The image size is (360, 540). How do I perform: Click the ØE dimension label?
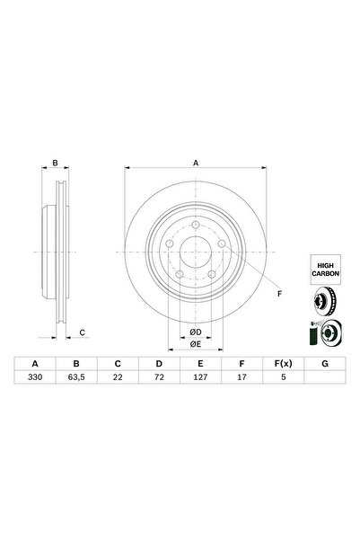click(195, 343)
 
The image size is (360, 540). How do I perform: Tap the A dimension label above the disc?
click(195, 163)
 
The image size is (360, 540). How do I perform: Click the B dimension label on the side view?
click(54, 163)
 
